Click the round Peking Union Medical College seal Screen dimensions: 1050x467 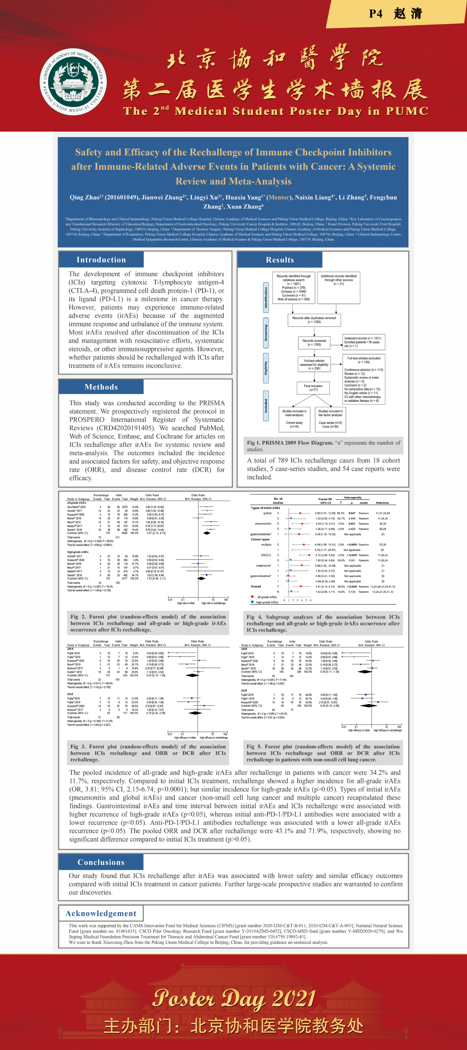click(73, 82)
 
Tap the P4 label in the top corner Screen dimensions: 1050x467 click(376, 14)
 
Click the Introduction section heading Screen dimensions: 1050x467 click(101, 260)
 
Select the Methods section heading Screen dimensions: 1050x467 click(101, 387)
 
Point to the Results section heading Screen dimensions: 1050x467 click(280, 260)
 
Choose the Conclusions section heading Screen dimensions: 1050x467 click(101, 862)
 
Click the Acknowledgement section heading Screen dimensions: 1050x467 click(101, 914)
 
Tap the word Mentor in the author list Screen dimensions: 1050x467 click(279, 197)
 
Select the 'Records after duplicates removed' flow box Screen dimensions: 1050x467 click(314, 320)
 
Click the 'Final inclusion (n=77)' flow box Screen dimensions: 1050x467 click(313, 388)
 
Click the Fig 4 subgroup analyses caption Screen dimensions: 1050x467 click(323, 623)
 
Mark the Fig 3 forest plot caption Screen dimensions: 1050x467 click(148, 753)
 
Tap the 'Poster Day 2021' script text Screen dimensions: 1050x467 click(234, 998)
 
